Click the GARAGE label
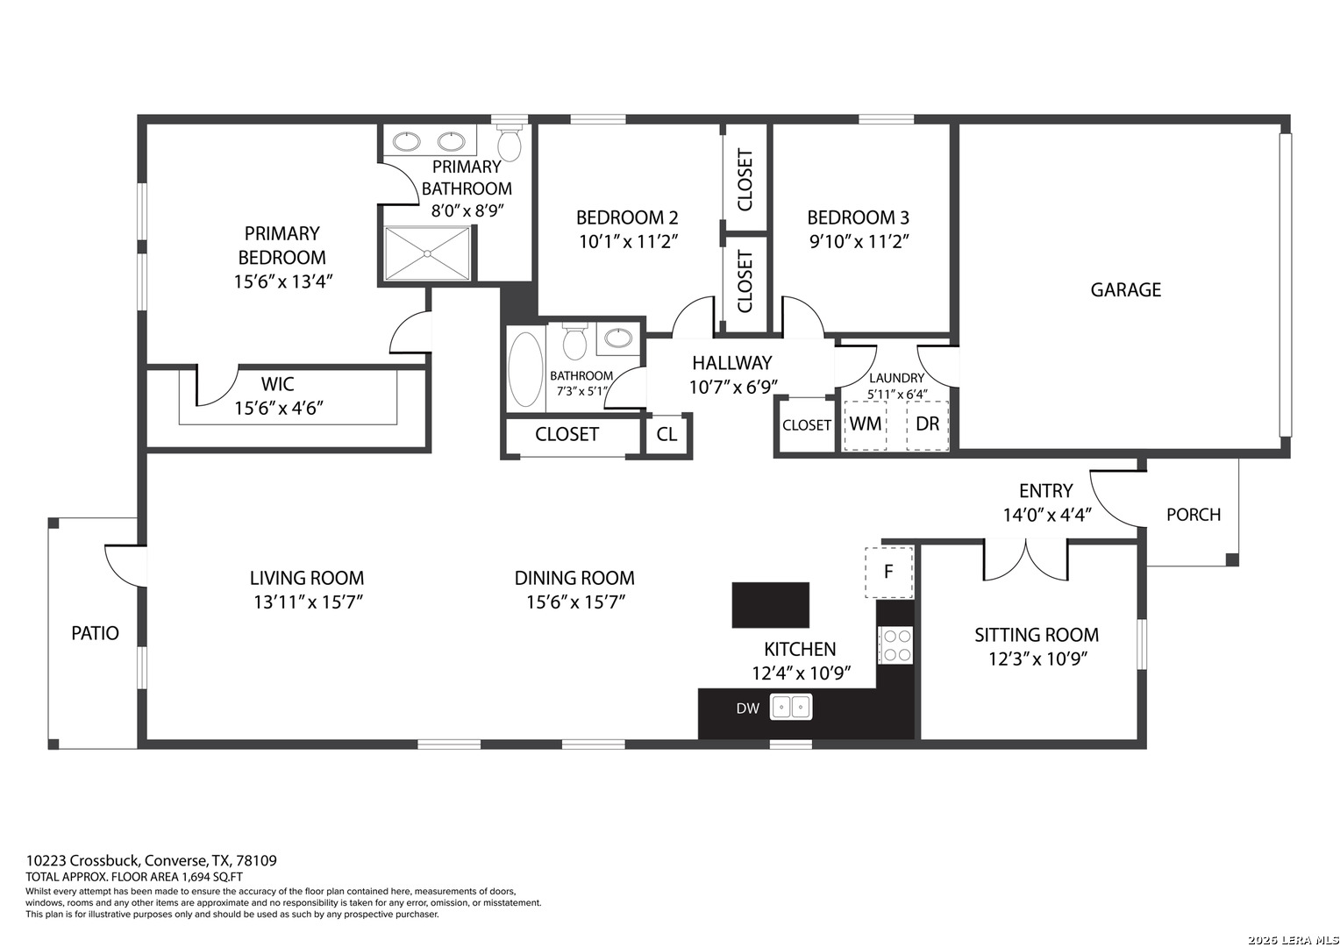coord(1125,289)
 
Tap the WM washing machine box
coord(865,425)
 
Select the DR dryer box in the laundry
coord(927,425)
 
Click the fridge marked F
coord(889,572)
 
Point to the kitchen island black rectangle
coord(771,605)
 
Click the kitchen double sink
coord(791,707)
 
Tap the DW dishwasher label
coord(748,708)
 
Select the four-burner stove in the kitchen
coord(895,644)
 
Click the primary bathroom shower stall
coord(427,253)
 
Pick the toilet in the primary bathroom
coord(510,142)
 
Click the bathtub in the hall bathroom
coord(525,370)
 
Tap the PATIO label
coord(95,633)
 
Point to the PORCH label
coord(1194,515)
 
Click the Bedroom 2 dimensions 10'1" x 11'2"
coord(628,242)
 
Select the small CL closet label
coord(666,434)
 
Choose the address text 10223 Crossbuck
coord(83,861)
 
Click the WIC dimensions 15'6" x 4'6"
coord(279,408)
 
